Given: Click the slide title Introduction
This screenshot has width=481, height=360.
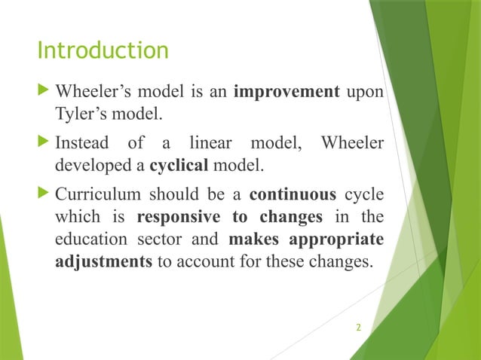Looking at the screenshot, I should click(x=103, y=51).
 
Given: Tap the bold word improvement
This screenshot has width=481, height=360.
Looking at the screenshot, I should click(x=286, y=93).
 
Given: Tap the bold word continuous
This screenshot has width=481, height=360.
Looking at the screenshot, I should click(x=293, y=195).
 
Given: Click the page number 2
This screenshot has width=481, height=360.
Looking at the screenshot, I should click(x=358, y=328).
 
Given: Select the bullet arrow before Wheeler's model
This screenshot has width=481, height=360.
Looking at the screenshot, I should click(x=42, y=92).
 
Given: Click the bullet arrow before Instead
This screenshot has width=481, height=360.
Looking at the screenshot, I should click(x=42, y=142).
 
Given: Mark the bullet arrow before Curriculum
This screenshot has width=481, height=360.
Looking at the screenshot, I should click(x=42, y=194).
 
